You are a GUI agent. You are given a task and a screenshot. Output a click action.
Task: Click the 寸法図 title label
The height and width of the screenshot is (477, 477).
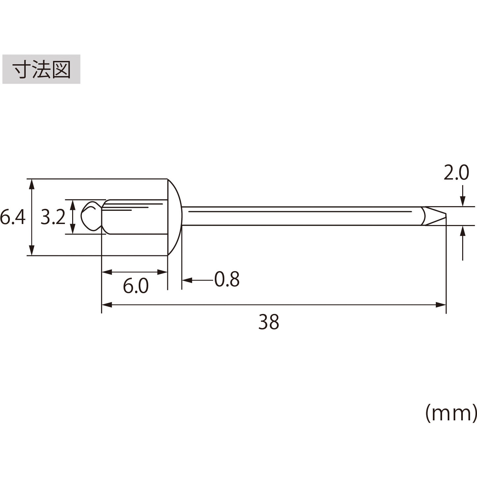[41, 70]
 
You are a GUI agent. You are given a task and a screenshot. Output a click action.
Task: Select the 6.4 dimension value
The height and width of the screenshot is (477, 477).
[13, 217]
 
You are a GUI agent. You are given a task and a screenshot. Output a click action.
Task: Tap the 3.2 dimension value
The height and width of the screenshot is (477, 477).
[53, 217]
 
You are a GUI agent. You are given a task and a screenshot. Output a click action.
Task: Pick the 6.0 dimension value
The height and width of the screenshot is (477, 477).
[136, 286]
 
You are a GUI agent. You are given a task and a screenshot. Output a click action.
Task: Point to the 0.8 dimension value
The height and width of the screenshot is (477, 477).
[227, 280]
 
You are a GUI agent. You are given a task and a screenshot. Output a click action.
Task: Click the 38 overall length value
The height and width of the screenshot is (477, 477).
[268, 322]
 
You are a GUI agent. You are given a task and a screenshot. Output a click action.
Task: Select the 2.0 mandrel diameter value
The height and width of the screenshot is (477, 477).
[456, 173]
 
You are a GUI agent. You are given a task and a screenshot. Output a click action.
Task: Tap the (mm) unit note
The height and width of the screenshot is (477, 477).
[451, 413]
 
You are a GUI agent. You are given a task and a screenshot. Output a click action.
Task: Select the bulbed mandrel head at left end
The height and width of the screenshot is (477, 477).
[90, 216]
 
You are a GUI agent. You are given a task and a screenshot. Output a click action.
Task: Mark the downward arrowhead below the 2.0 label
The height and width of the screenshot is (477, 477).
[463, 201]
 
